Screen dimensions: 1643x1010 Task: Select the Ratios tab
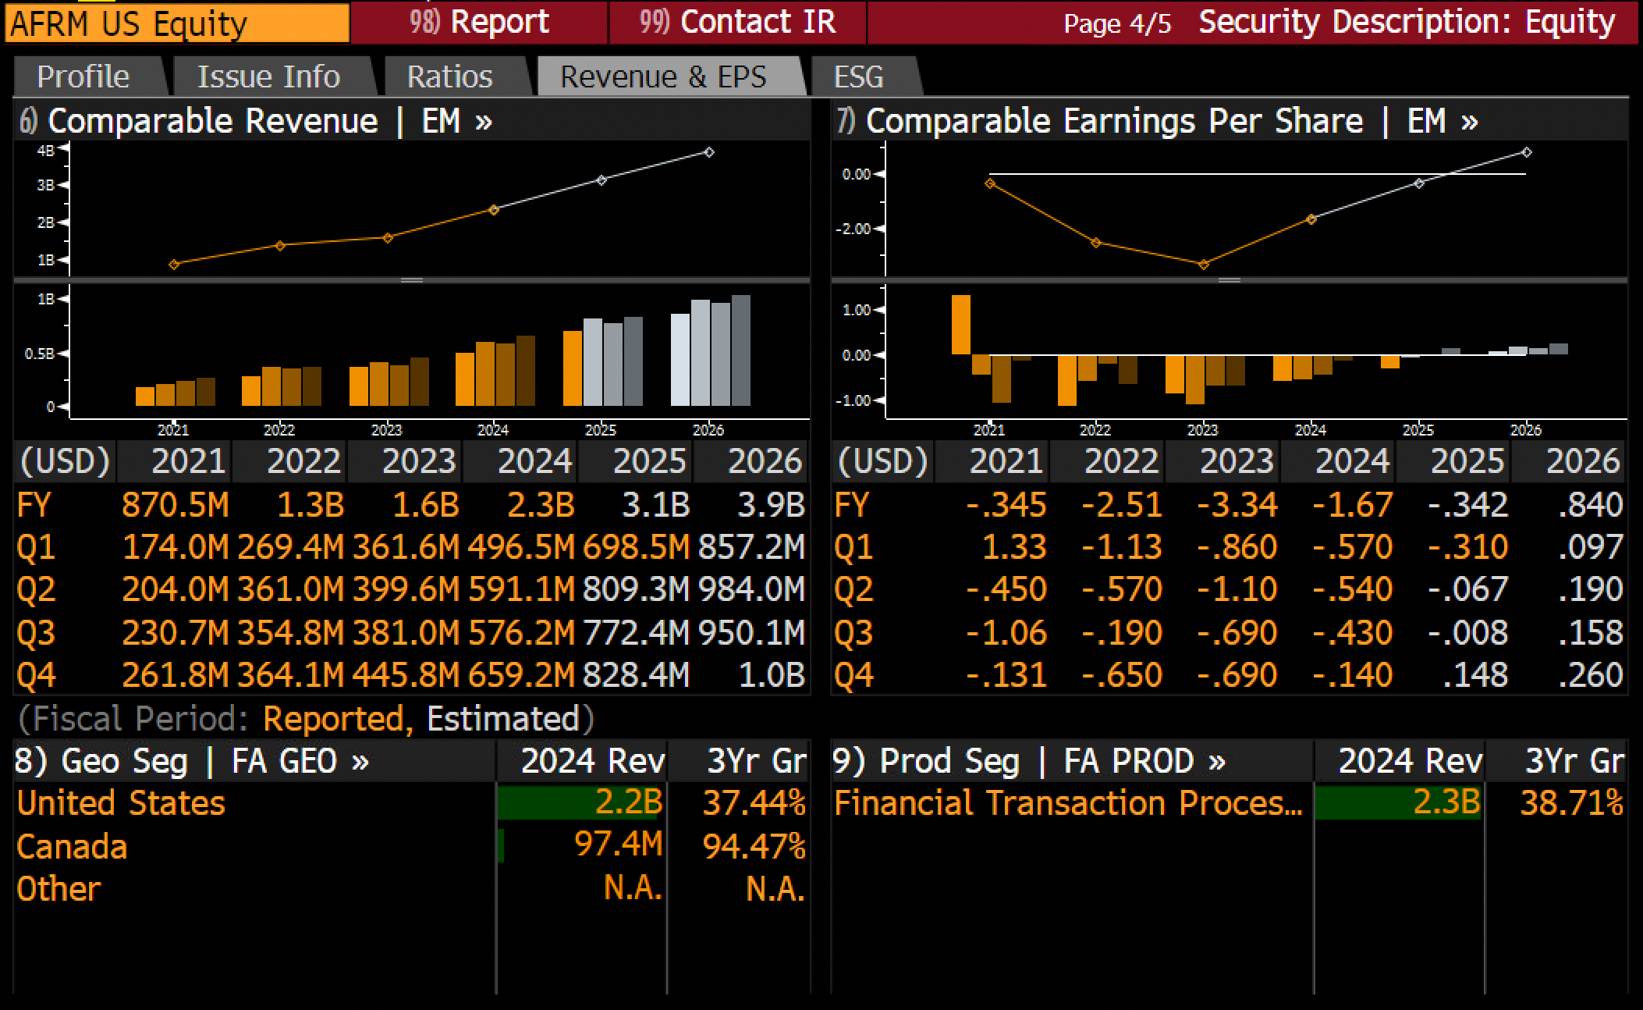tap(450, 76)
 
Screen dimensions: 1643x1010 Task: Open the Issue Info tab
tap(268, 76)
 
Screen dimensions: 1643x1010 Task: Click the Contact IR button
tap(737, 22)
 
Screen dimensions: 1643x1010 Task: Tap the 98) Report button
tap(479, 22)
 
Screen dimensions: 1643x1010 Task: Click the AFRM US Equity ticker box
tap(177, 23)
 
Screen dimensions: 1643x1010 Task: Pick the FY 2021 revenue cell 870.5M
tap(176, 505)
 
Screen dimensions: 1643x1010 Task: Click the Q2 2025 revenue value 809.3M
tap(636, 589)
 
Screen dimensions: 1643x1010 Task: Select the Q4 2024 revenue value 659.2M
tap(521, 675)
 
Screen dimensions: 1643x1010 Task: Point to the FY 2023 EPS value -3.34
tap(1237, 505)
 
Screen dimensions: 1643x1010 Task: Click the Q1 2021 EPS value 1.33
tap(1014, 547)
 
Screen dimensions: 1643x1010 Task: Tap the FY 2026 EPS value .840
tap(1590, 505)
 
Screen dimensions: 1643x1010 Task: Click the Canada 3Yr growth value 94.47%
tap(754, 846)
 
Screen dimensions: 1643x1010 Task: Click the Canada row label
tap(72, 846)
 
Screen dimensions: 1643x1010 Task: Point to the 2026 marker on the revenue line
tap(708, 152)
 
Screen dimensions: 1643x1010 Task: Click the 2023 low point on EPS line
tap(1203, 265)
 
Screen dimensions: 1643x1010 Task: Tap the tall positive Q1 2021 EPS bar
tap(961, 325)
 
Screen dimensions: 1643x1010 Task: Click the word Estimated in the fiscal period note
tap(502, 719)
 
